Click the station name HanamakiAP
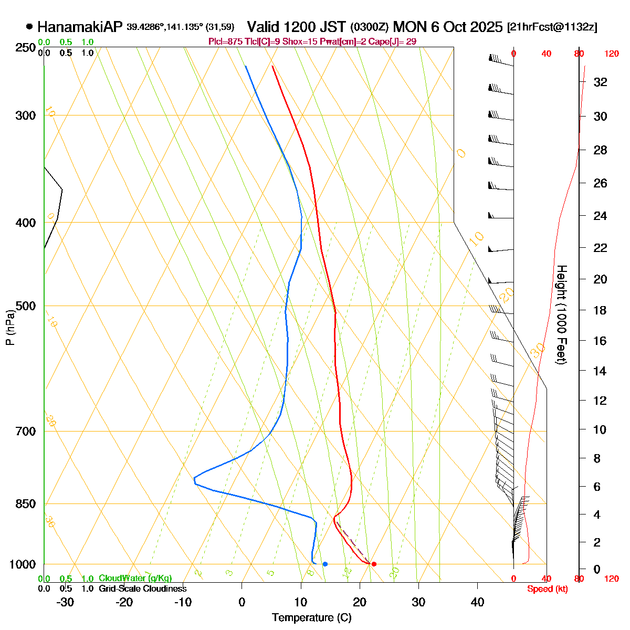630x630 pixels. point(80,27)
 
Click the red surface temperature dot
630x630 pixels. point(374,564)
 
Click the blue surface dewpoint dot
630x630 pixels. point(325,564)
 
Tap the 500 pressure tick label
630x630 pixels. point(27,306)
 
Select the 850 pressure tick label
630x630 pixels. point(27,504)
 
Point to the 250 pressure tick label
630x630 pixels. point(27,48)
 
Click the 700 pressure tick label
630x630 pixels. point(27,432)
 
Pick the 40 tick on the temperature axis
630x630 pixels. point(477,602)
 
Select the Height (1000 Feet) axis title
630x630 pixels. point(561,315)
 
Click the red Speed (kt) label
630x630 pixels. point(548,589)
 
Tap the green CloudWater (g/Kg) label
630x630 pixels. point(135,579)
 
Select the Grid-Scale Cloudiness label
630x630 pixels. point(142,589)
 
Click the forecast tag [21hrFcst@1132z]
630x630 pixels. point(552,27)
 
